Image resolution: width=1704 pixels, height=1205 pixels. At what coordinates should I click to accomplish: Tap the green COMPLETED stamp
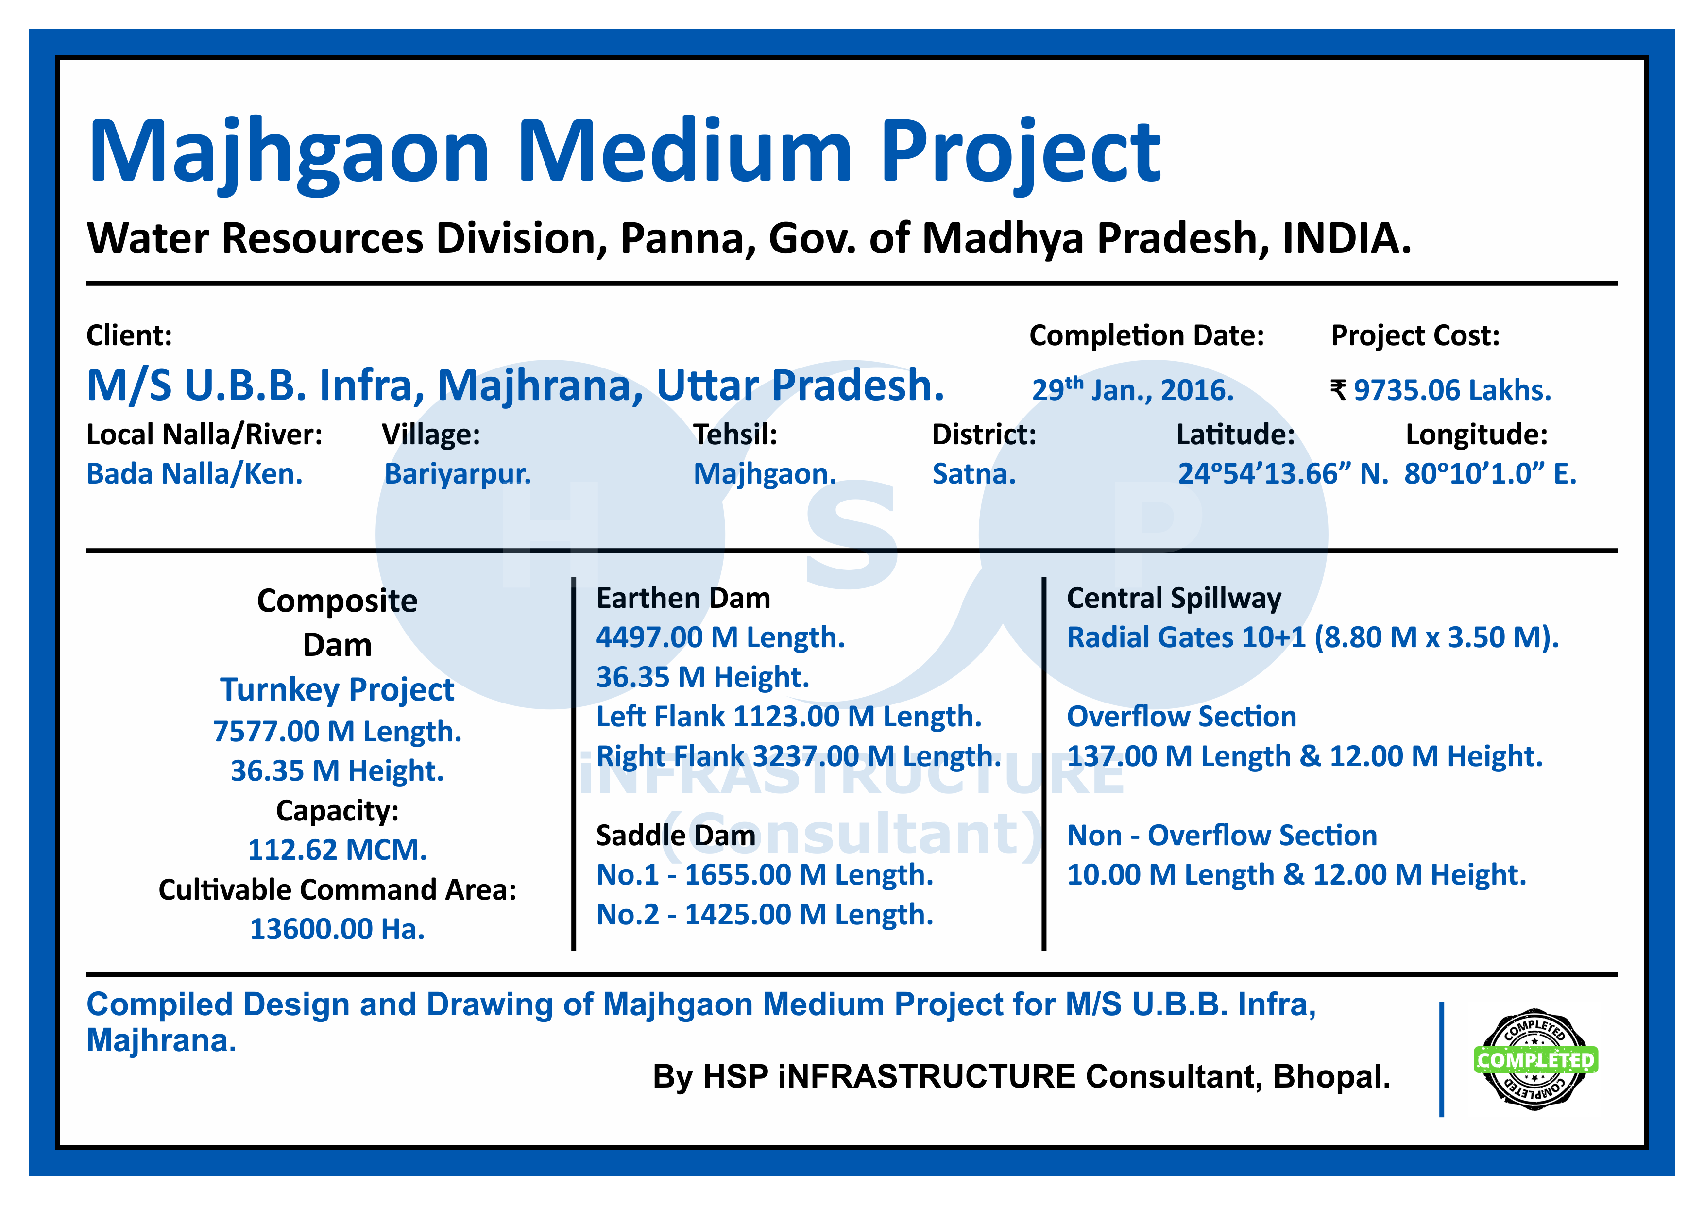click(1535, 1059)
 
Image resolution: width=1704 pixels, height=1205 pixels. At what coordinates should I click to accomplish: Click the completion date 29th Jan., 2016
click(1133, 389)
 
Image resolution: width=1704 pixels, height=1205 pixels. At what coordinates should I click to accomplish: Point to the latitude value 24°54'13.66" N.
click(1282, 473)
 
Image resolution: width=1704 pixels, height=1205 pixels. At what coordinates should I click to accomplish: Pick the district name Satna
click(974, 473)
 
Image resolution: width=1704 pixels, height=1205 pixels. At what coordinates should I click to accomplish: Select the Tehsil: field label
click(735, 434)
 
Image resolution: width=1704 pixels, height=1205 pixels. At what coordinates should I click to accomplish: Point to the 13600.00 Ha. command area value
click(338, 929)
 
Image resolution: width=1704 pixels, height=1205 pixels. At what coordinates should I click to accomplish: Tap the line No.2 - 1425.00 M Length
click(765, 915)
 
